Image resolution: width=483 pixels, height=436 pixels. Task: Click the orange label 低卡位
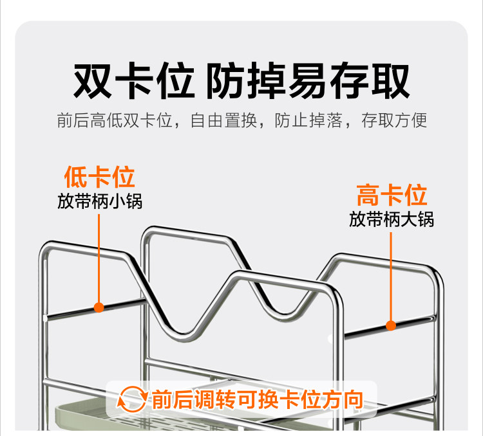tap(99, 177)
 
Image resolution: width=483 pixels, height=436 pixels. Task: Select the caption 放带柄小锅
tap(99, 201)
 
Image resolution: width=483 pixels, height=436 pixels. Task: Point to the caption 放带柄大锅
tap(392, 219)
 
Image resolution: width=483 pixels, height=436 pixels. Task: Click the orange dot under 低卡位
tap(99, 307)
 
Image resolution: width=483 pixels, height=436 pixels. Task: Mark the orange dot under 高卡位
tap(391, 325)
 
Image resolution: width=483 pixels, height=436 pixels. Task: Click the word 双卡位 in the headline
tap(133, 81)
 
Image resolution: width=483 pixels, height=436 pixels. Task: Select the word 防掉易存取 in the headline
tap(307, 81)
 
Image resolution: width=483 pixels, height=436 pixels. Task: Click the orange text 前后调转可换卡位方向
tap(257, 399)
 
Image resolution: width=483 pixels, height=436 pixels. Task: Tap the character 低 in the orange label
tap(76, 177)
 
